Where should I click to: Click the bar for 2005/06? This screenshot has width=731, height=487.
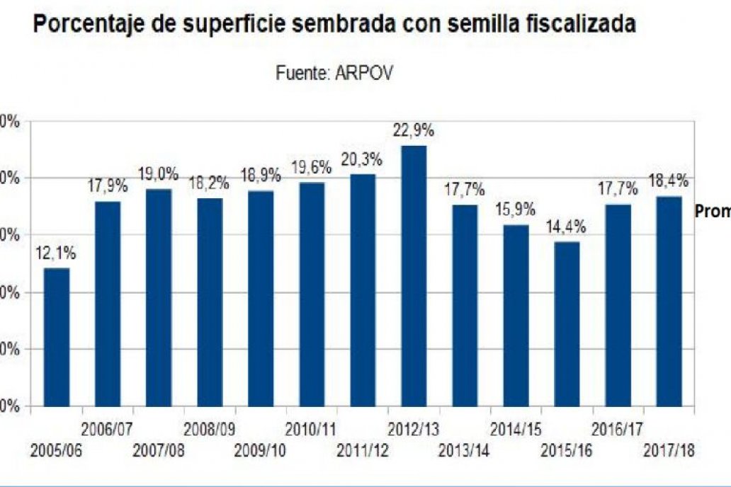[57, 338]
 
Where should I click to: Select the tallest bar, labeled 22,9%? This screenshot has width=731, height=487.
[414, 276]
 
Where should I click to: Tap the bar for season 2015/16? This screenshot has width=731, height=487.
[567, 324]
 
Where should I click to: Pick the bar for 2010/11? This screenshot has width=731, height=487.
[312, 294]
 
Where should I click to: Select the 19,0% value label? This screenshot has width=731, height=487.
[158, 174]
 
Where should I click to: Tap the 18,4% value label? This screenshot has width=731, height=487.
[669, 181]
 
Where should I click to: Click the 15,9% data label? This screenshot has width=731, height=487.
[515, 210]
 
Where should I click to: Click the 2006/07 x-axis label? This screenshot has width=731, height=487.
[107, 429]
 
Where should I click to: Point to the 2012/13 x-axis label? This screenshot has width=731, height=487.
[414, 429]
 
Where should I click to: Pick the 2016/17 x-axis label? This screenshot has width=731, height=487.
[617, 429]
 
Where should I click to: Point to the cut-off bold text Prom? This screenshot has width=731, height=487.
[712, 212]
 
